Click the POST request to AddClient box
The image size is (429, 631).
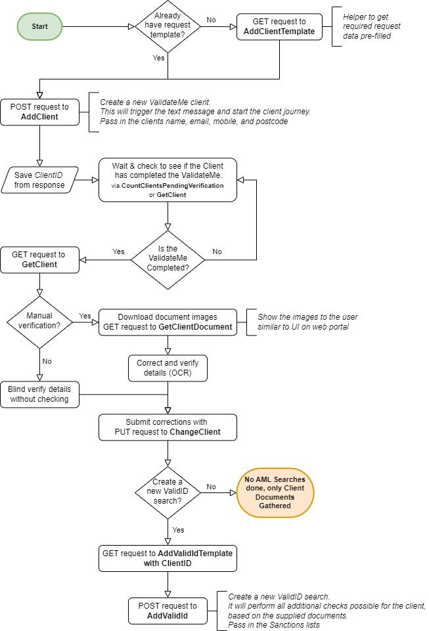(x=39, y=111)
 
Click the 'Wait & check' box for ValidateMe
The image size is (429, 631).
(x=168, y=179)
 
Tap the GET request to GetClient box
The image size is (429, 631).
(x=39, y=259)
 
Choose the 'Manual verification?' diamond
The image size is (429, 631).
(x=39, y=321)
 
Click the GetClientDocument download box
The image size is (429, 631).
(x=168, y=322)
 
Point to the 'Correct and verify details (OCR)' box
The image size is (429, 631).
(x=168, y=368)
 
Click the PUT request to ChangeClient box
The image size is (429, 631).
(x=168, y=427)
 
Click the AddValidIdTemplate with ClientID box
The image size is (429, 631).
(x=168, y=558)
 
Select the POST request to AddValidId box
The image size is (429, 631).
(x=168, y=611)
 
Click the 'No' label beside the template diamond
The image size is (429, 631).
(x=211, y=20)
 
